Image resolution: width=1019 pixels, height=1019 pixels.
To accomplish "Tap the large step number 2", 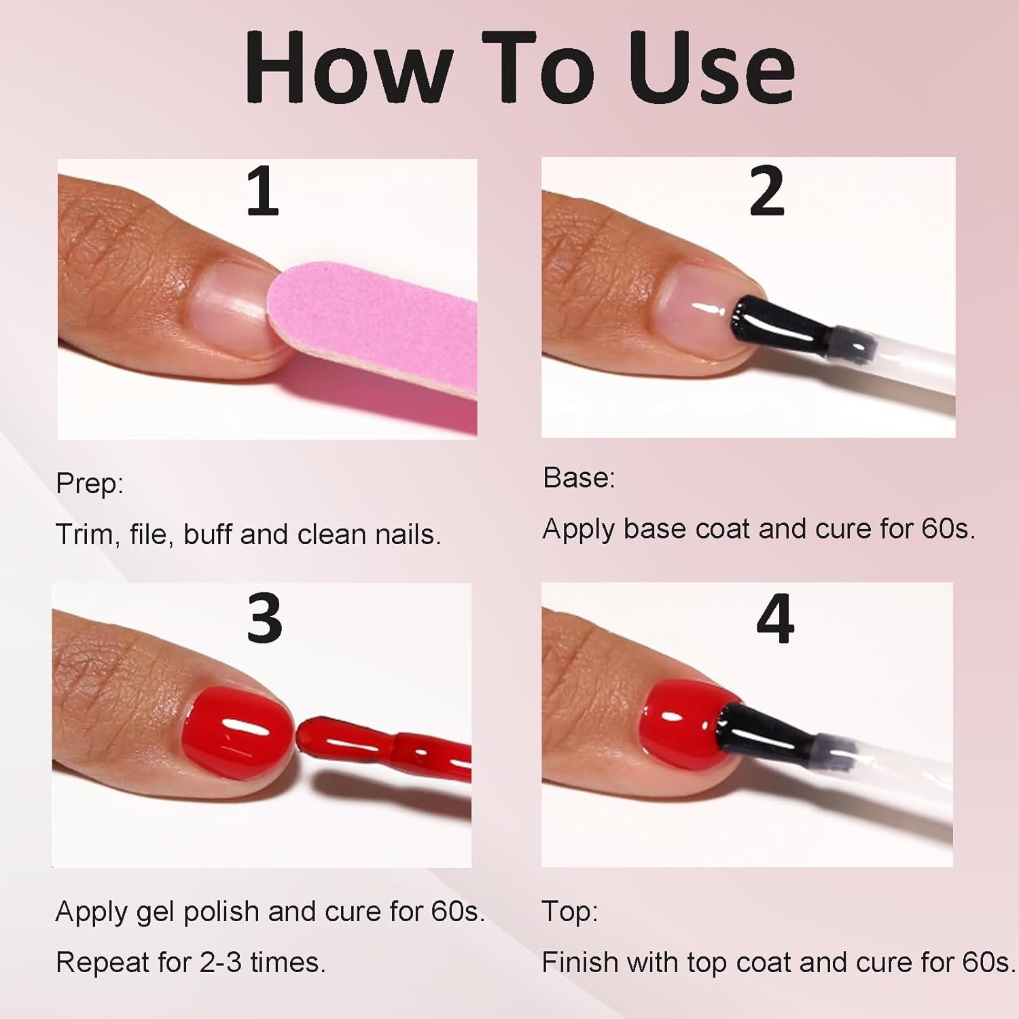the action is coord(767,192).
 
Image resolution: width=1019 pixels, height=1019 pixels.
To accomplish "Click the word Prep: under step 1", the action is coord(90,484).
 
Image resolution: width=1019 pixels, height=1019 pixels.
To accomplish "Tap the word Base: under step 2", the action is coord(579,478).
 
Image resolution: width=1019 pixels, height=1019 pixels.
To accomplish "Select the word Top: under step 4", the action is coord(569,912).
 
